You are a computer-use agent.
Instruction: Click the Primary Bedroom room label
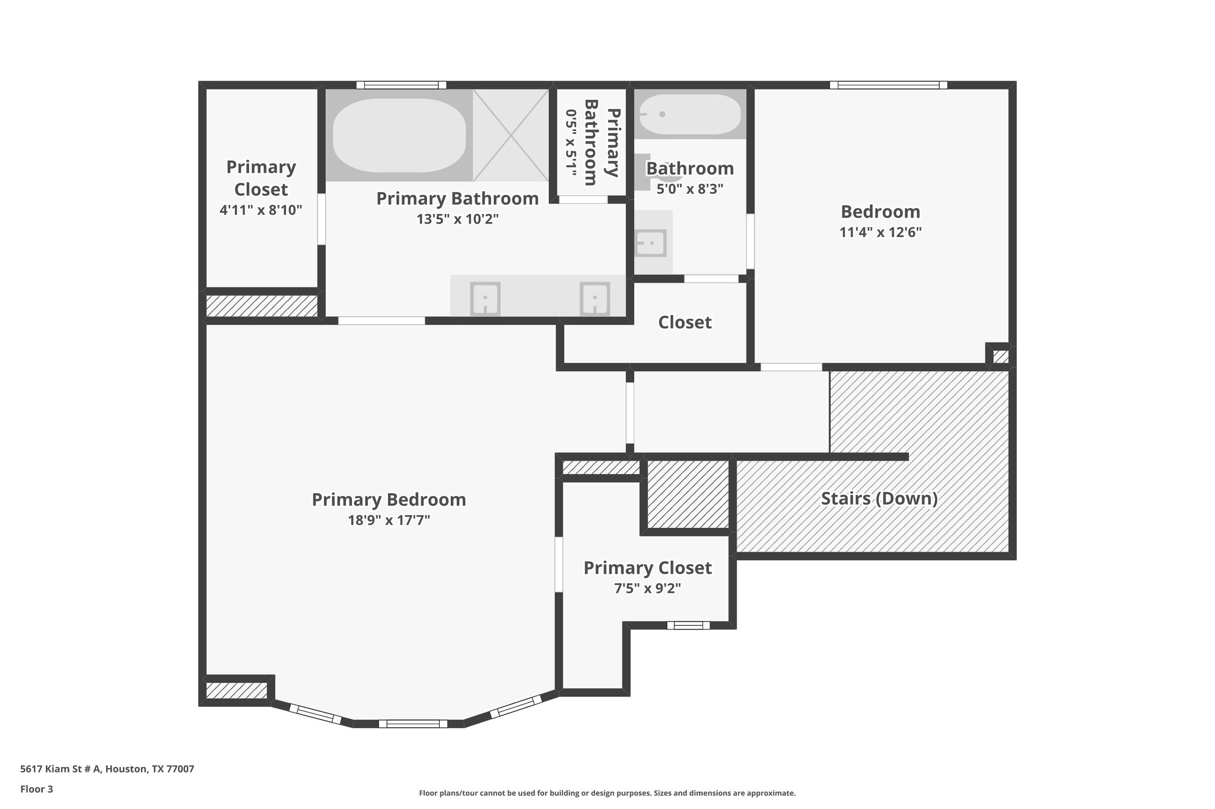tap(389, 500)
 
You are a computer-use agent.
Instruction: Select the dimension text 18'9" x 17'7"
tap(389, 520)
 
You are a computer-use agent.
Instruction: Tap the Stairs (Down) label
tap(879, 498)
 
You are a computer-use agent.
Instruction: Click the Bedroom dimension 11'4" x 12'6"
tap(880, 232)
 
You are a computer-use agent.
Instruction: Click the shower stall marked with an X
tap(511, 136)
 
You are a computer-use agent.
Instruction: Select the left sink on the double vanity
tap(485, 299)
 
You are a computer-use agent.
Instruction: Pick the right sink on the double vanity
tap(594, 299)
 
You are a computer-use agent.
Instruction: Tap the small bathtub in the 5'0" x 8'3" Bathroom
tap(690, 114)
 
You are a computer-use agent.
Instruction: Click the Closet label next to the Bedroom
tap(685, 322)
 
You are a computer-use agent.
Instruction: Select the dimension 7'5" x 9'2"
tap(647, 589)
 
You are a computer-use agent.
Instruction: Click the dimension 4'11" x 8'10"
tap(261, 210)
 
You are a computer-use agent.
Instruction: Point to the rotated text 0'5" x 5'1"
tap(571, 143)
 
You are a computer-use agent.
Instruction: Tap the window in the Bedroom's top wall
tap(888, 85)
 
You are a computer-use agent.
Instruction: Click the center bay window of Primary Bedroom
tap(412, 723)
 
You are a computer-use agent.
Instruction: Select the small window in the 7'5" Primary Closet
tap(688, 625)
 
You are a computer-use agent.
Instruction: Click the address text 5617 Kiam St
tap(107, 769)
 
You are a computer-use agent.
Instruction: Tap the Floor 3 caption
tap(37, 789)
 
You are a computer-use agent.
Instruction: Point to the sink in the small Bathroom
tap(651, 242)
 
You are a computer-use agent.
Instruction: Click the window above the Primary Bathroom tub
tap(401, 85)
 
